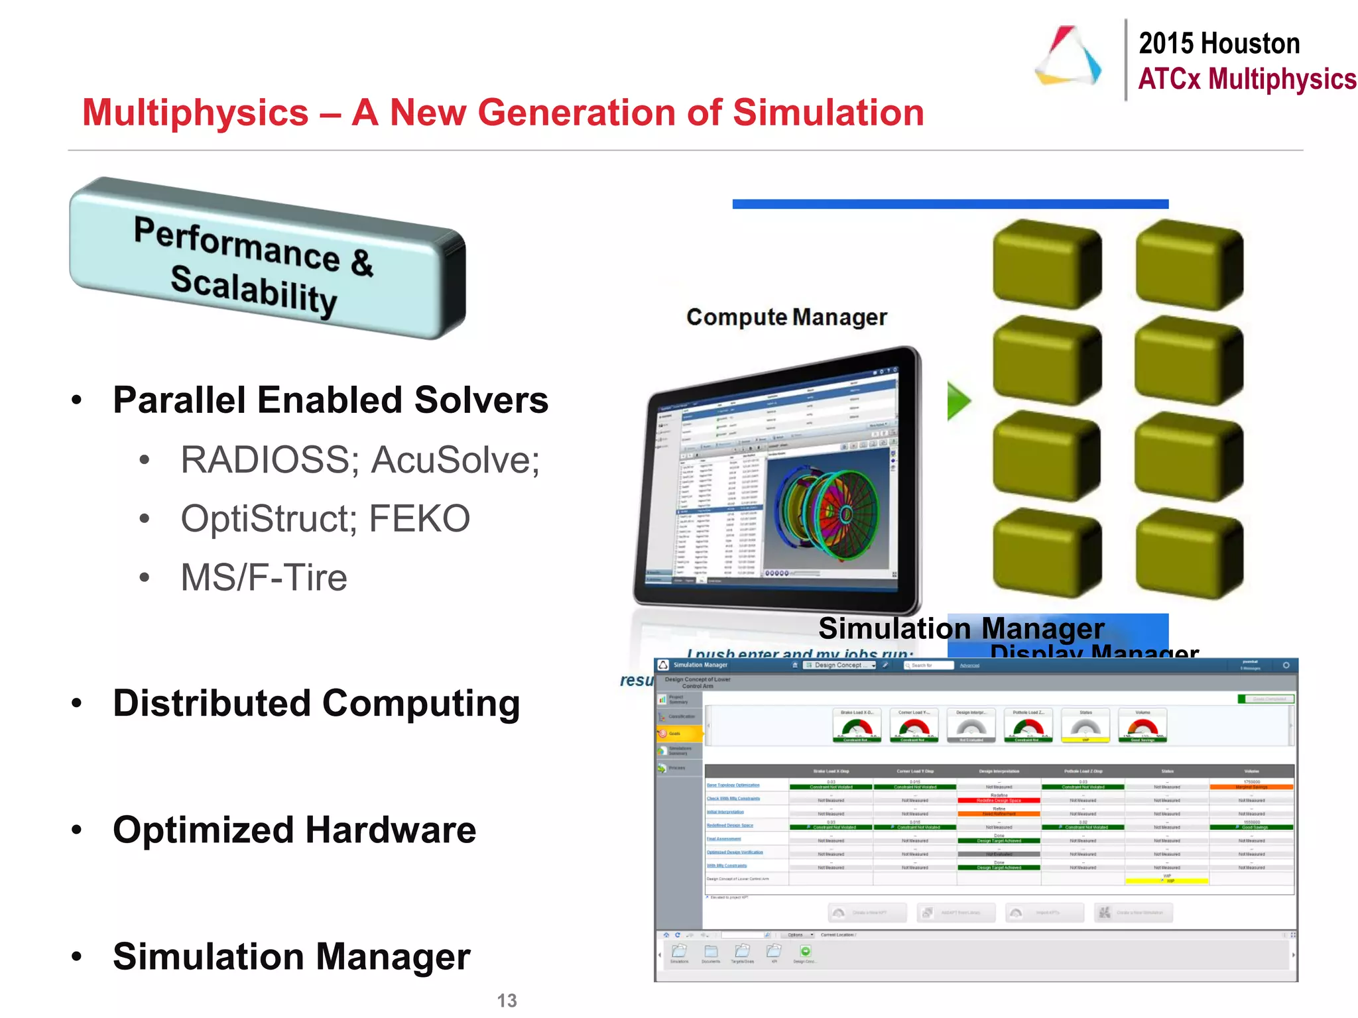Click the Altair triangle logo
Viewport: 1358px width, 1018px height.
pyautogui.click(x=1068, y=56)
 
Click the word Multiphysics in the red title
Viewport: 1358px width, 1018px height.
pyautogui.click(x=196, y=113)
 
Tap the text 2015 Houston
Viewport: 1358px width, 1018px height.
pyautogui.click(x=1219, y=44)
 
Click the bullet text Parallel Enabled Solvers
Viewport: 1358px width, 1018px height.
pyautogui.click(x=330, y=400)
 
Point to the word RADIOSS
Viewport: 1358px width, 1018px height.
pyautogui.click(x=265, y=460)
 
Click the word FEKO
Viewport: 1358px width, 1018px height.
pyautogui.click(x=419, y=518)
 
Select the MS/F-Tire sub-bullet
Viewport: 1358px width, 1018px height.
pyautogui.click(x=264, y=577)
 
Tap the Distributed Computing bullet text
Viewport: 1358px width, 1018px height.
pyautogui.click(x=316, y=703)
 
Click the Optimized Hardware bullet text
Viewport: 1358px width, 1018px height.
pyautogui.click(x=294, y=830)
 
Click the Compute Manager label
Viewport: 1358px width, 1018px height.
pyautogui.click(x=786, y=317)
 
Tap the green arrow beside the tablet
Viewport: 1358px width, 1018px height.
pyautogui.click(x=958, y=400)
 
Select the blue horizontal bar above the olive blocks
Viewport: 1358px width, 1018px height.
pyautogui.click(x=950, y=204)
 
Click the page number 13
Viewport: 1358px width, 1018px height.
pyautogui.click(x=507, y=1000)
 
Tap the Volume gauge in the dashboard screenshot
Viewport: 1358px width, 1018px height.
pyautogui.click(x=1142, y=726)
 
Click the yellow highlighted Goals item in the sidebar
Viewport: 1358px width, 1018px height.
pyautogui.click(x=679, y=733)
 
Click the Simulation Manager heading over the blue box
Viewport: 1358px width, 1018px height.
pyautogui.click(x=961, y=628)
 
